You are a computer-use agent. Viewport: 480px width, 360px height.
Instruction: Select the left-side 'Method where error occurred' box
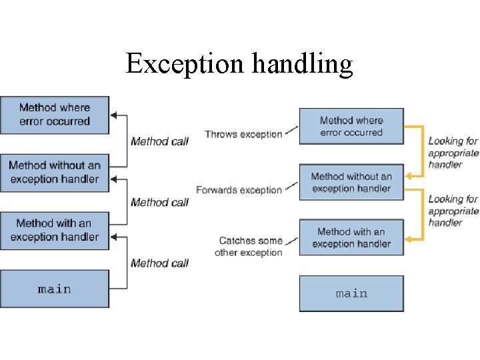54,115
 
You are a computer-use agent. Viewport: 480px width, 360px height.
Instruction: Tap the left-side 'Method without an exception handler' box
54,172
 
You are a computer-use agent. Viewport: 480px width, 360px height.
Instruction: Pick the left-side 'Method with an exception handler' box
54,230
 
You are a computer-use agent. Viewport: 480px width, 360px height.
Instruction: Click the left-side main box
54,289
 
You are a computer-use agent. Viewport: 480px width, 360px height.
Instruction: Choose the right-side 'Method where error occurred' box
351,126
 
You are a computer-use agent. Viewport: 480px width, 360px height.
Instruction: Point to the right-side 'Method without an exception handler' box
351,183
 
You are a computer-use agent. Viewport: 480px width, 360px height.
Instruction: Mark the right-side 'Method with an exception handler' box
351,238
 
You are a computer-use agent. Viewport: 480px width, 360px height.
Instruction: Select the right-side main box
351,293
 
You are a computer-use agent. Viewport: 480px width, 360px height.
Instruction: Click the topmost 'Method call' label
159,141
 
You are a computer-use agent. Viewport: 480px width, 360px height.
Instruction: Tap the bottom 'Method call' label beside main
159,263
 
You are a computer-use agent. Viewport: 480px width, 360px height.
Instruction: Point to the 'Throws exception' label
243,135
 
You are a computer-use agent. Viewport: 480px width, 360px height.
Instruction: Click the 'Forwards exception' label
239,190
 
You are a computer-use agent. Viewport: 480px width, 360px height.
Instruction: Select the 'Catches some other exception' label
250,247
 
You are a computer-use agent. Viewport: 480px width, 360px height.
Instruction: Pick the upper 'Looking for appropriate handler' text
453,153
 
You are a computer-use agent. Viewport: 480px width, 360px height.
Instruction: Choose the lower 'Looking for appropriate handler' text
453,211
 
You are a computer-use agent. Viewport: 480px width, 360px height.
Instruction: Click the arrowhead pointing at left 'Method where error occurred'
113,115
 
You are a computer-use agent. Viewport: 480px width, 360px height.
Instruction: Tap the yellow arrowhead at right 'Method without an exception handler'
409,176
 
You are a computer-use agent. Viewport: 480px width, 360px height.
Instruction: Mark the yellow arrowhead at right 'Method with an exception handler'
409,237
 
